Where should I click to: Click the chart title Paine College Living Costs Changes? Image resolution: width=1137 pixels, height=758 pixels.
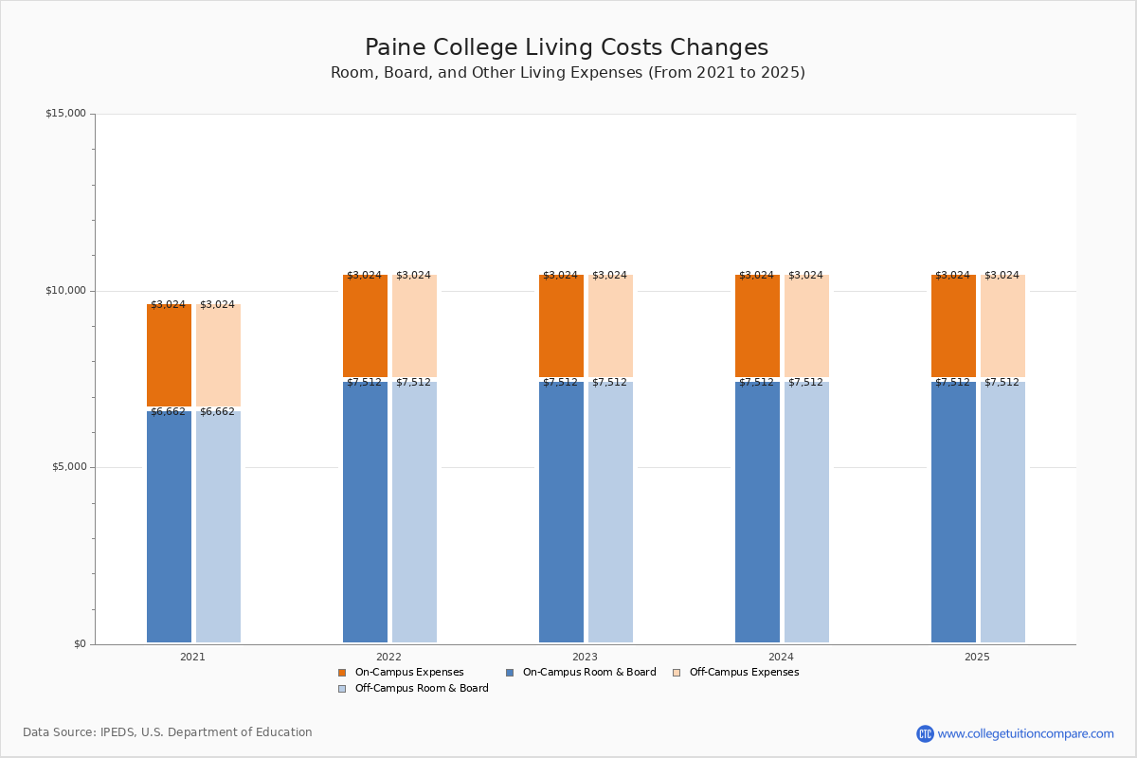click(x=567, y=48)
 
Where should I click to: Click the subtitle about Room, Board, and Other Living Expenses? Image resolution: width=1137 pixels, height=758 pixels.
click(x=568, y=73)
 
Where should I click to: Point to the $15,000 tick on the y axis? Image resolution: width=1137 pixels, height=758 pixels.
click(x=65, y=114)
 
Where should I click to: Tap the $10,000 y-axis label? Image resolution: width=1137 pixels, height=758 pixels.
click(x=65, y=291)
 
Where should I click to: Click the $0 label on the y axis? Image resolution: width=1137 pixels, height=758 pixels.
click(x=80, y=644)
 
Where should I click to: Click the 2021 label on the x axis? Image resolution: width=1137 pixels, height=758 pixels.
click(x=192, y=657)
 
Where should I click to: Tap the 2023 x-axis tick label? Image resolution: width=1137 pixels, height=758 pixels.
click(x=585, y=657)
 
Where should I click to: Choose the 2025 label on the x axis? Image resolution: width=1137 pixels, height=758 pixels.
click(x=977, y=657)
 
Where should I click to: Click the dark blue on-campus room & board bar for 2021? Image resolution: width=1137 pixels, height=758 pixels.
click(x=169, y=531)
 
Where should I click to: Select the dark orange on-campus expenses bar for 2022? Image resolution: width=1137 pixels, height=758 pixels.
click(x=365, y=327)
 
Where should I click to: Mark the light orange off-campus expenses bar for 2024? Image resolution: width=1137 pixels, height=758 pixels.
click(x=806, y=327)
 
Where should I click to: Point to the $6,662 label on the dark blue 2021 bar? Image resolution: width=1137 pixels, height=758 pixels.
click(x=168, y=412)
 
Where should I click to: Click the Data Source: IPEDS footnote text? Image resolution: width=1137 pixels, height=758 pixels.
click(x=168, y=732)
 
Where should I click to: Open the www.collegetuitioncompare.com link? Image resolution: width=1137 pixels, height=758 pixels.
click(x=1025, y=733)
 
